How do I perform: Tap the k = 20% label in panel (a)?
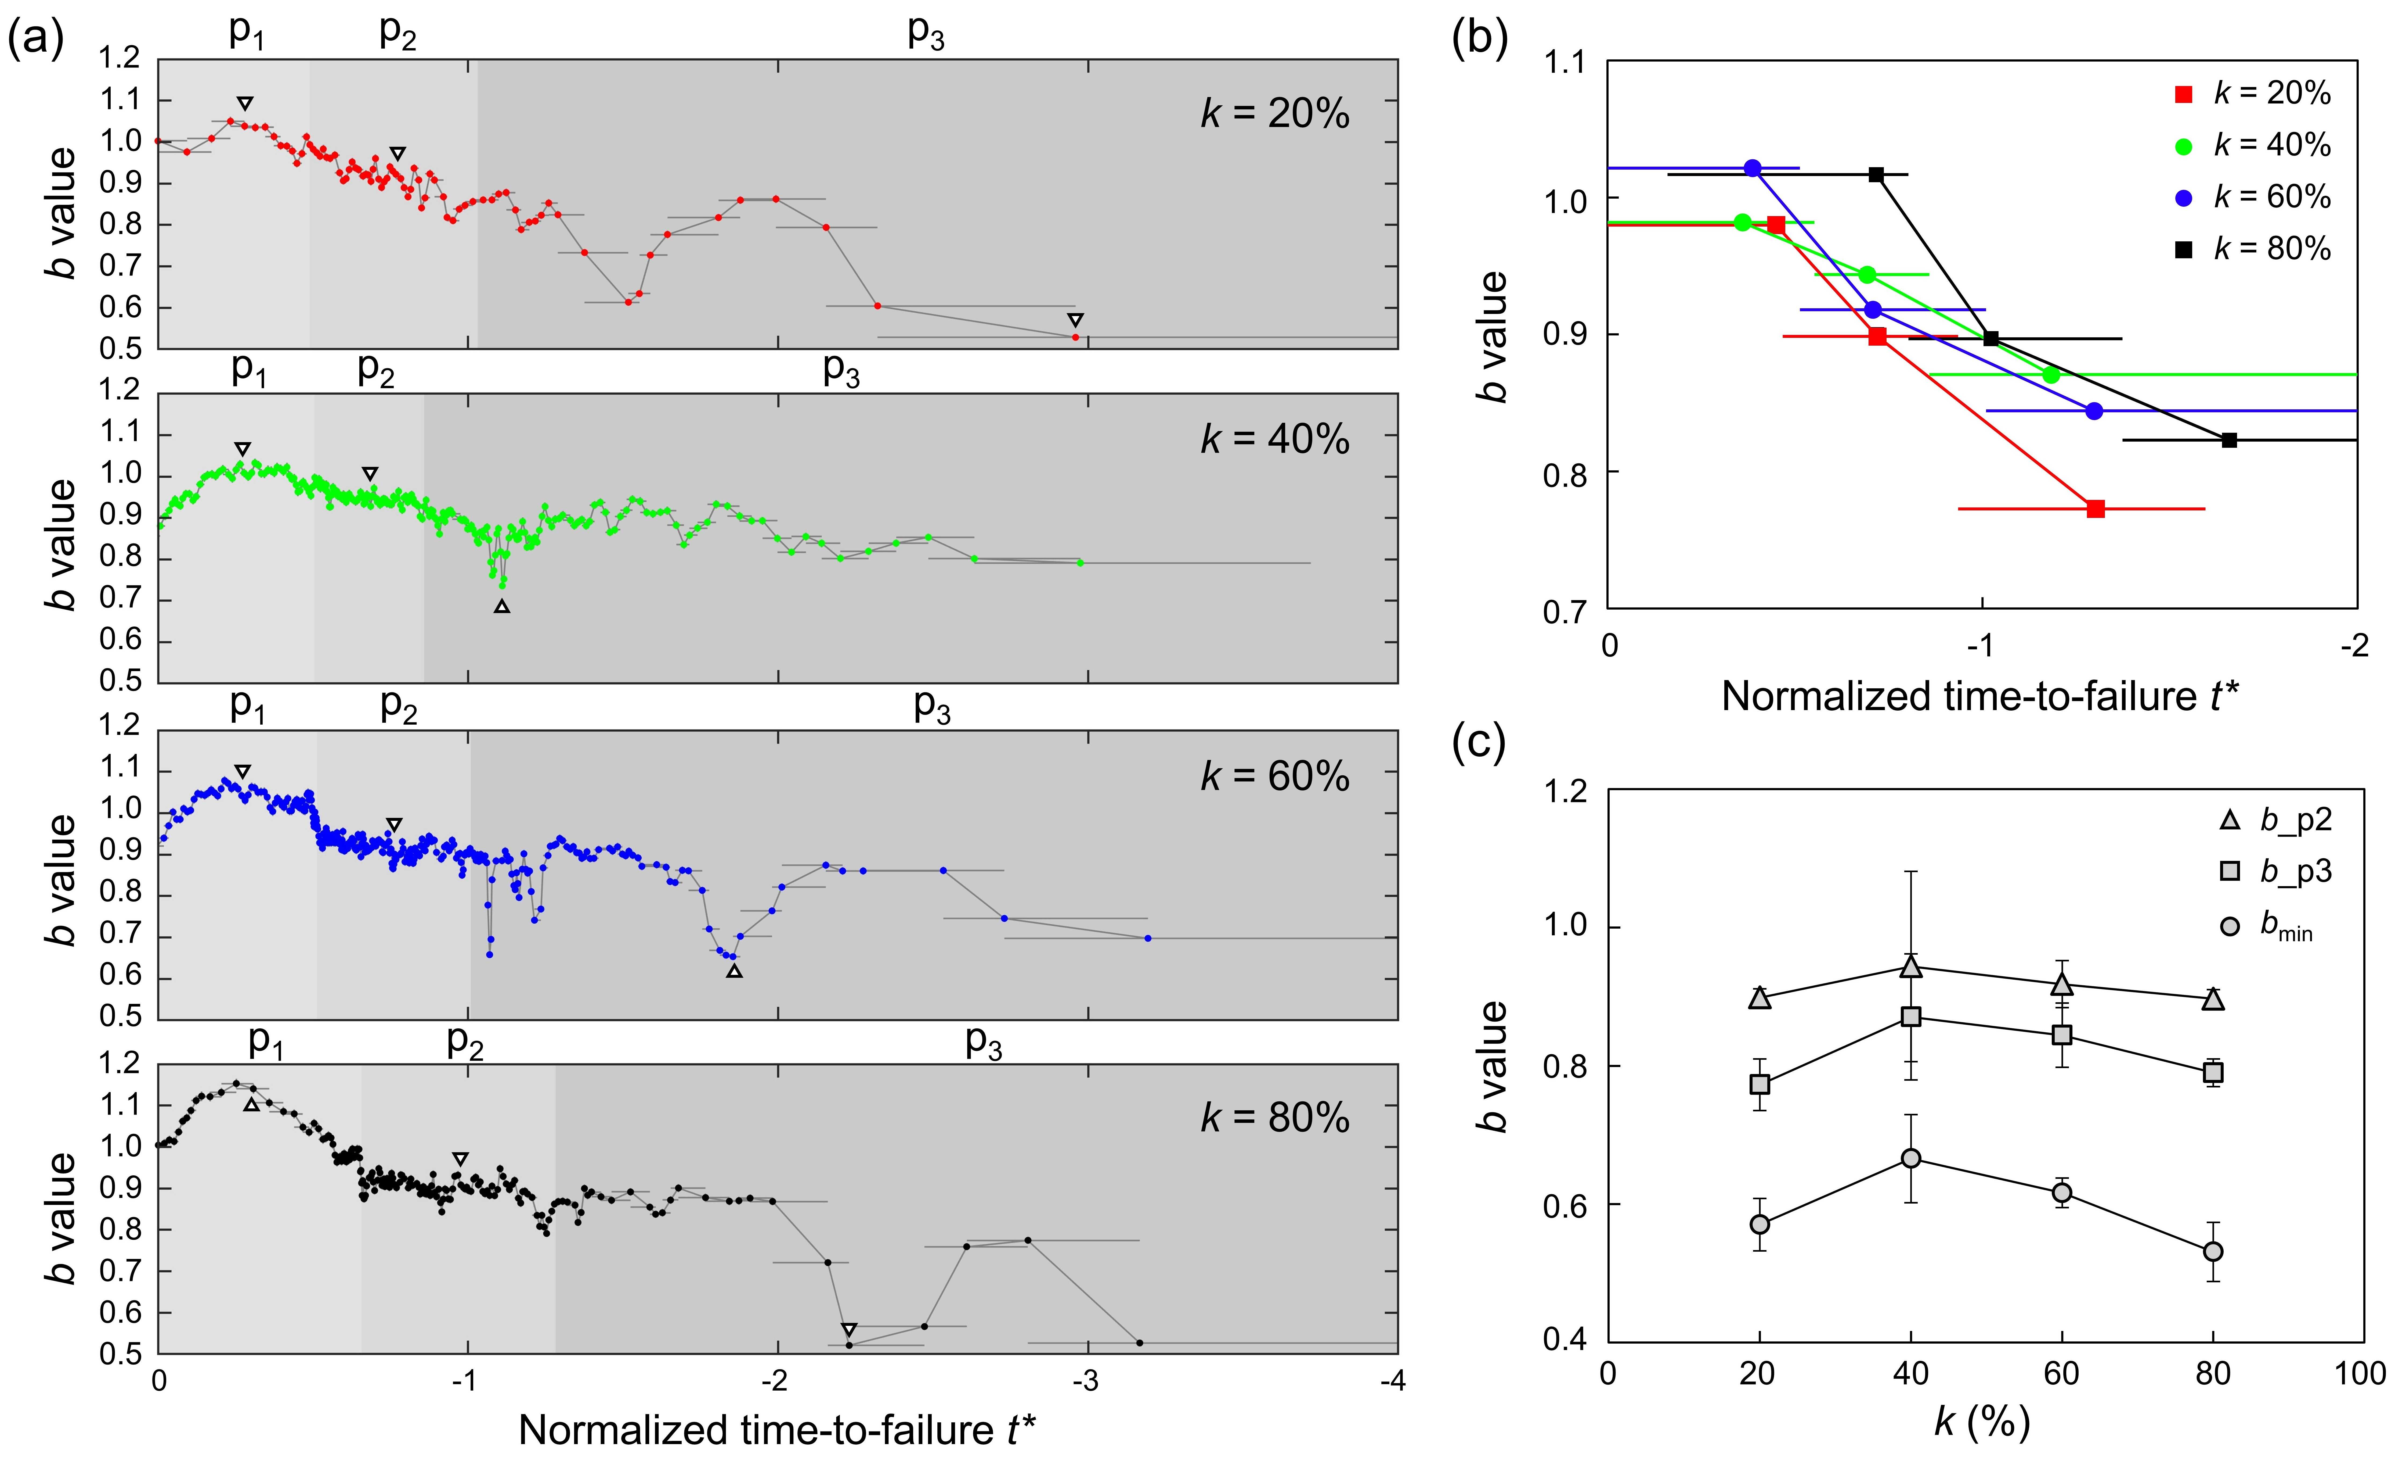pos(1274,114)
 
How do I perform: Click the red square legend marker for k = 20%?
pos(2184,94)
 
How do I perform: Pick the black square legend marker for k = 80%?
pos(2184,250)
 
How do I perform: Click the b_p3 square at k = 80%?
pos(2213,1072)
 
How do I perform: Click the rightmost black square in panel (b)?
pos(2229,440)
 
